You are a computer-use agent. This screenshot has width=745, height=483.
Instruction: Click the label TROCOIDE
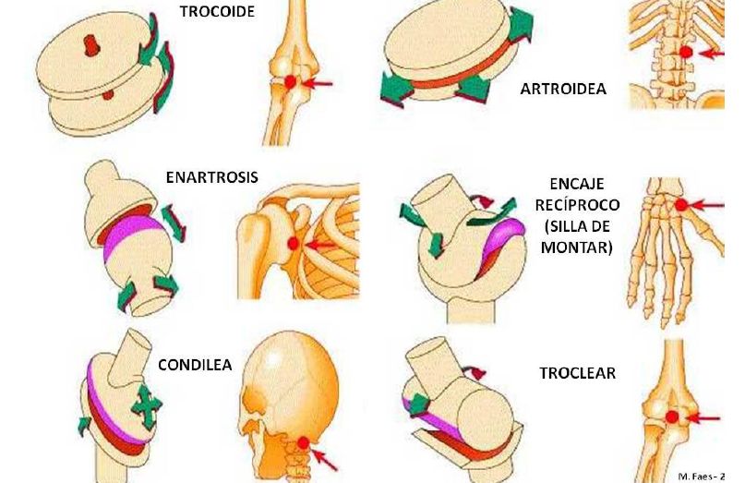tap(217, 13)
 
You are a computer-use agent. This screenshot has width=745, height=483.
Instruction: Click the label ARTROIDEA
tap(563, 89)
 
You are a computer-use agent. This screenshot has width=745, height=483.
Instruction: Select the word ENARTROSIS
tap(211, 176)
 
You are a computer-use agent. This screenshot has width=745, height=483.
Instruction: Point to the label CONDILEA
tap(194, 364)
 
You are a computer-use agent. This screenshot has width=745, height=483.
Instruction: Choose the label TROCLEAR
tap(577, 374)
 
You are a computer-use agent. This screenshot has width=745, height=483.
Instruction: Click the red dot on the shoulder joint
tap(294, 244)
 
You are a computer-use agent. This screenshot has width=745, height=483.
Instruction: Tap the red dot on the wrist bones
tap(681, 205)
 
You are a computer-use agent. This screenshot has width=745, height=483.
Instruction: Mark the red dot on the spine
tap(686, 53)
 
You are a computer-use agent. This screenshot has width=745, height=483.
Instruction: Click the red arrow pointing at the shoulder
tap(319, 245)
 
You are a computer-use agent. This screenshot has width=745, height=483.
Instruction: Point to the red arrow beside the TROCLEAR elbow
tap(705, 418)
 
